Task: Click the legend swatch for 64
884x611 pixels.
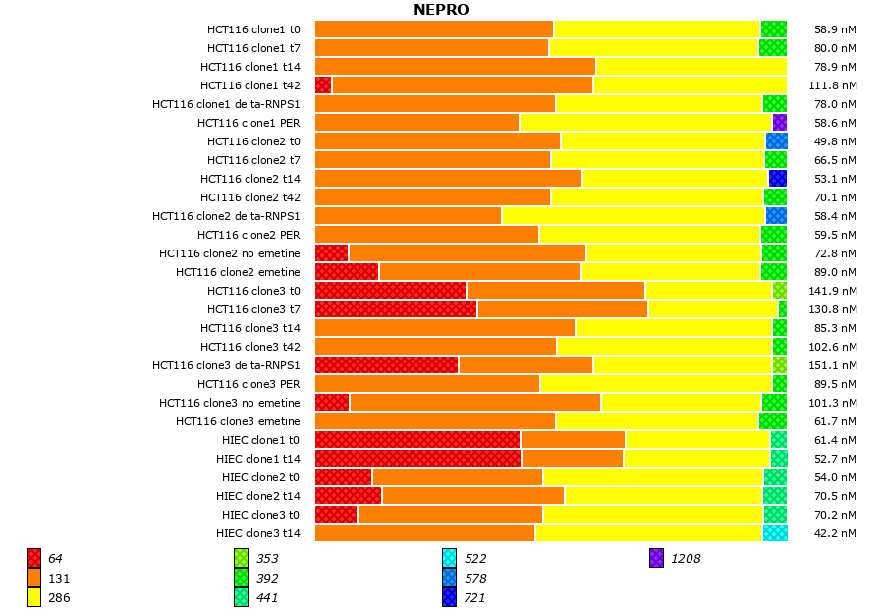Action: pyautogui.click(x=33, y=559)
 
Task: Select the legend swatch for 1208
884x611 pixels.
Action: pyautogui.click(x=656, y=559)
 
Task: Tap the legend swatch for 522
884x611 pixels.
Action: pyautogui.click(x=449, y=559)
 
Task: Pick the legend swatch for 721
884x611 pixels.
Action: pyautogui.click(x=449, y=597)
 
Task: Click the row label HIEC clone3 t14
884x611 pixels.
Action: pyautogui.click(x=258, y=533)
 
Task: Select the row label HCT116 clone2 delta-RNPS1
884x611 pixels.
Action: pyautogui.click(x=226, y=216)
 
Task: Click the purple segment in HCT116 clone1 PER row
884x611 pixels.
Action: pyautogui.click(x=779, y=123)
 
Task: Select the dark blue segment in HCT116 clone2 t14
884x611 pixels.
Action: pyautogui.click(x=777, y=179)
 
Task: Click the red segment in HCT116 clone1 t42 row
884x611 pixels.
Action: pyautogui.click(x=323, y=85)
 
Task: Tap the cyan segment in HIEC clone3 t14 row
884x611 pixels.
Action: pyautogui.click(x=774, y=533)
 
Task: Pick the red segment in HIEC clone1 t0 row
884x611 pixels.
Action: pyautogui.click(x=417, y=440)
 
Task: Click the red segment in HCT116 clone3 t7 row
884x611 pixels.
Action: pyautogui.click(x=396, y=309)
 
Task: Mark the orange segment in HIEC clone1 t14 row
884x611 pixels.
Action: pyautogui.click(x=572, y=459)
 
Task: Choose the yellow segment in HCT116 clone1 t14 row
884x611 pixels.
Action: pyautogui.click(x=691, y=67)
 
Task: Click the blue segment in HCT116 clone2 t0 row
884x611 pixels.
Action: pyautogui.click(x=776, y=141)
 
